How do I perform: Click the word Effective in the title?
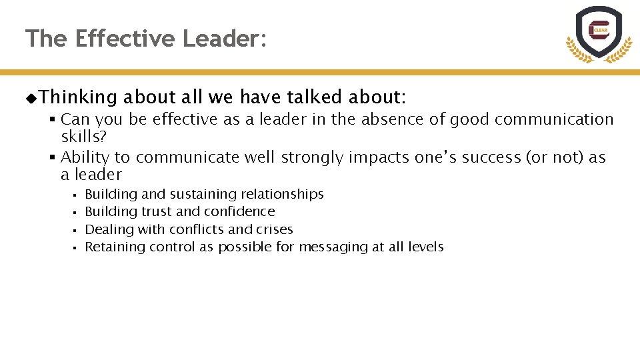click(x=126, y=39)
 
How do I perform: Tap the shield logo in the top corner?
click(x=599, y=33)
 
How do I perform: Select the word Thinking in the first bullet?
click(x=78, y=97)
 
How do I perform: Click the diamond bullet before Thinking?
click(x=31, y=99)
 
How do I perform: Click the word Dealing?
click(x=108, y=229)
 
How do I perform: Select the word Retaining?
click(x=113, y=247)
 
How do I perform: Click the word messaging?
click(x=328, y=247)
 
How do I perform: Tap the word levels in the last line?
click(x=425, y=247)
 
